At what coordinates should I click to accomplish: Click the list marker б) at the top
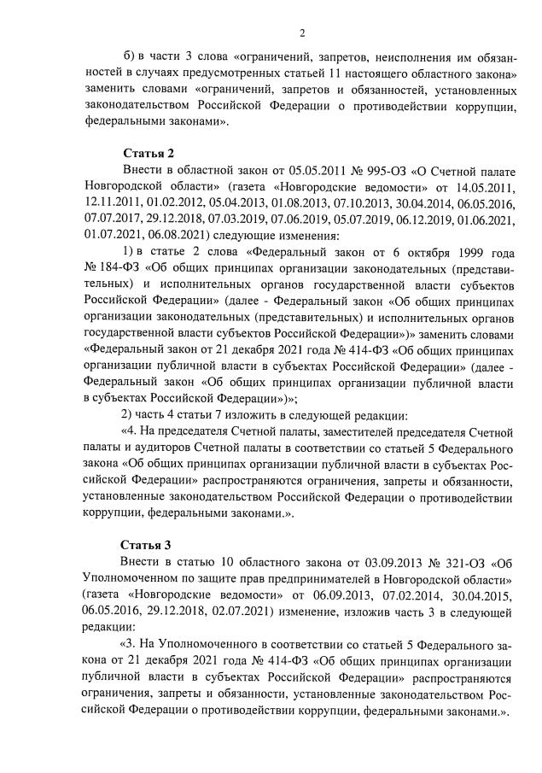[130, 57]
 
